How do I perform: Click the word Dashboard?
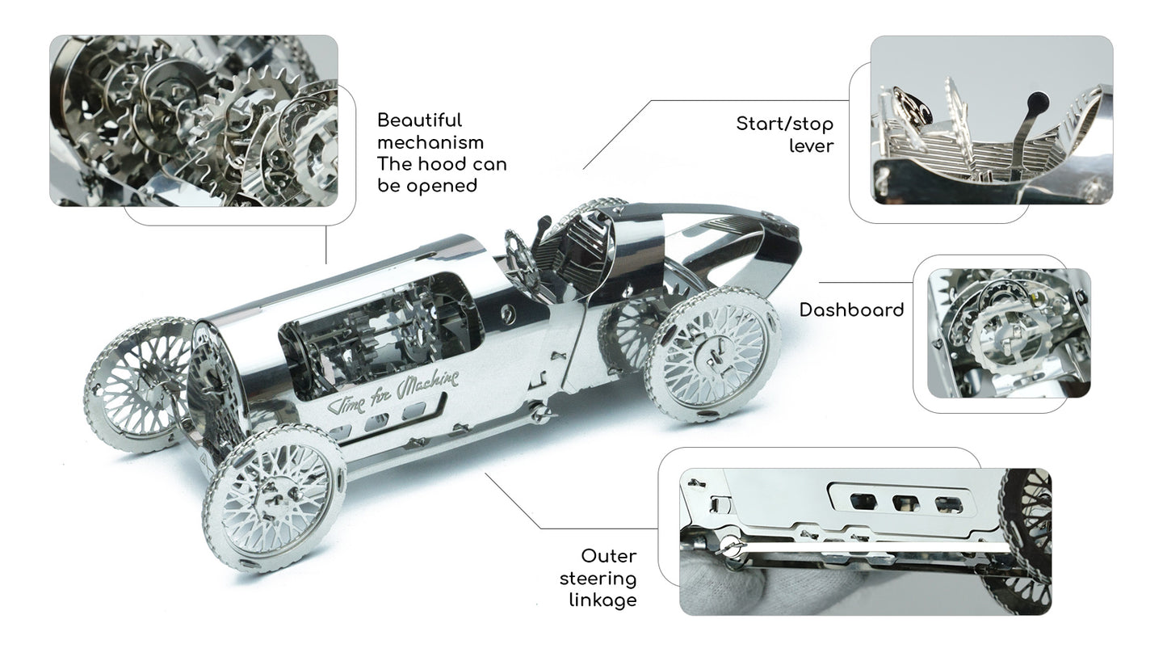coord(851,310)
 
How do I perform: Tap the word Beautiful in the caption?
coord(419,120)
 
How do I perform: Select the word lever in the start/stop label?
coord(811,146)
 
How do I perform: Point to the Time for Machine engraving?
coord(392,392)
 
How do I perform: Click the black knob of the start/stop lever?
coord(1037,101)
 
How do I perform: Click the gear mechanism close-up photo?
coord(194,120)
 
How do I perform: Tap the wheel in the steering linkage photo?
coord(1026,541)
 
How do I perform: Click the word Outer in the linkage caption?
coord(609,556)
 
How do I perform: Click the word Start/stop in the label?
coord(784,124)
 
